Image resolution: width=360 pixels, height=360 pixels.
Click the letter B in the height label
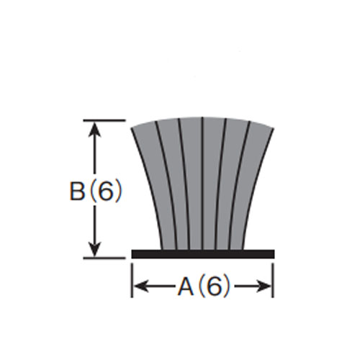pyautogui.click(x=77, y=191)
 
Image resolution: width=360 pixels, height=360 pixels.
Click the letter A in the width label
pyautogui.click(x=186, y=287)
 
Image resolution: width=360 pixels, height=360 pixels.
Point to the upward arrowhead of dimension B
pyautogui.click(x=95, y=129)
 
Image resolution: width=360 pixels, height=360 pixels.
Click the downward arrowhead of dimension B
pyautogui.click(x=95, y=249)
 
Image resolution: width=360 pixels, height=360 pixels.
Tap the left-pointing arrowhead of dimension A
pyautogui.click(x=141, y=286)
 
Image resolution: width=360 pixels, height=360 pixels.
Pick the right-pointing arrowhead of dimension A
pyautogui.click(x=264, y=286)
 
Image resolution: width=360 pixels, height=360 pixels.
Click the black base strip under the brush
pyautogui.click(x=203, y=254)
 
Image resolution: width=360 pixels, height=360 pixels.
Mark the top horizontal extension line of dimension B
pyautogui.click(x=104, y=120)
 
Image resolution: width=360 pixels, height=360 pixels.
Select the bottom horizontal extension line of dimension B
pyautogui.click(x=104, y=258)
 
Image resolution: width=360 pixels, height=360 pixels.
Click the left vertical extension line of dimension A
pyautogui.click(x=132, y=280)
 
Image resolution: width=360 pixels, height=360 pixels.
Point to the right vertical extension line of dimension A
pyautogui.click(x=274, y=280)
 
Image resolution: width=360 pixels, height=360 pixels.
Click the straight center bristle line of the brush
pyautogui.click(x=202, y=184)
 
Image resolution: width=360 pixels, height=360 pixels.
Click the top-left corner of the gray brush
pyautogui.click(x=132, y=128)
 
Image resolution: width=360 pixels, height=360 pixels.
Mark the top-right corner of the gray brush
pyautogui.click(x=274, y=128)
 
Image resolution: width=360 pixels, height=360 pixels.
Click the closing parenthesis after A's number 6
pyautogui.click(x=227, y=287)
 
